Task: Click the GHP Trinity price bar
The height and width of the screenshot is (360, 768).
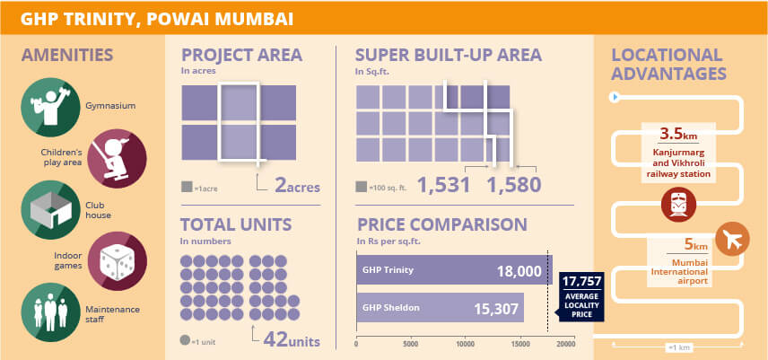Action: click(x=454, y=270)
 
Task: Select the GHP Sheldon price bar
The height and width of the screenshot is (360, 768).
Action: click(x=440, y=308)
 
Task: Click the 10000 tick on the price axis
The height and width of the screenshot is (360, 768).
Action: click(x=466, y=344)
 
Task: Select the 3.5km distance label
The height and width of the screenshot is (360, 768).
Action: click(x=677, y=135)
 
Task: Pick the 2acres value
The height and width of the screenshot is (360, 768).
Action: click(x=297, y=187)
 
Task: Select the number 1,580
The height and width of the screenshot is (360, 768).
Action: click(x=514, y=186)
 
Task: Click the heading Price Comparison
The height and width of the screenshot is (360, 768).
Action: click(x=441, y=224)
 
